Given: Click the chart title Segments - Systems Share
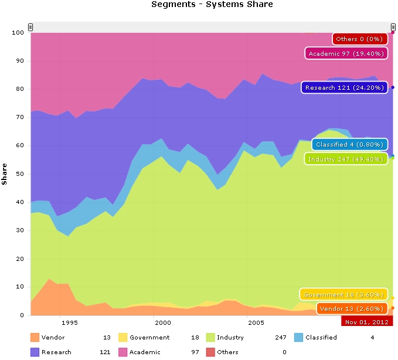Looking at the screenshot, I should pyautogui.click(x=212, y=5).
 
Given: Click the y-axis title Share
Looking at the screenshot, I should pyautogui.click(x=5, y=174).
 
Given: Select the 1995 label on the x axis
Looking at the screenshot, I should pyautogui.click(x=69, y=322).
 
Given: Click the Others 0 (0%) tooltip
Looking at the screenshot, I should pyautogui.click(x=359, y=39).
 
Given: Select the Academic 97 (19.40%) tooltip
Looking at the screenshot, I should pyautogui.click(x=346, y=53).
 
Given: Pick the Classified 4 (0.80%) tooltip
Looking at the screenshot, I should pyautogui.click(x=349, y=144).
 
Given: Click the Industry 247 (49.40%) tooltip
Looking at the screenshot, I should pyautogui.click(x=345, y=159).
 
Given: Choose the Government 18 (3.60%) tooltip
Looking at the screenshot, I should pyautogui.click(x=344, y=294).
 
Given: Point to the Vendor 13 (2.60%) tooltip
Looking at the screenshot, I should pyautogui.click(x=352, y=308).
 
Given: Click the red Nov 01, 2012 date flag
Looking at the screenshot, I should pyautogui.click(x=367, y=322).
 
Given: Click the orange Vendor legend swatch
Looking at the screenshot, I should pyautogui.click(x=35, y=337).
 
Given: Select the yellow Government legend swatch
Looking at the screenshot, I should pyautogui.click(x=123, y=337).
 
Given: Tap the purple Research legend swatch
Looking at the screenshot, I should pyautogui.click(x=35, y=352).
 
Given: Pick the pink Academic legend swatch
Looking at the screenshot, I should pyautogui.click(x=123, y=352).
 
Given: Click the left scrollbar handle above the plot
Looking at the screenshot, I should pyautogui.click(x=30, y=27).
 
